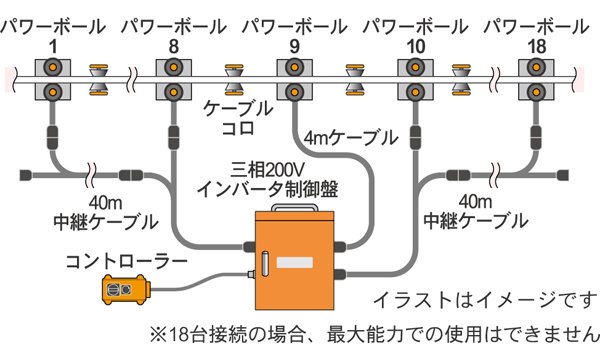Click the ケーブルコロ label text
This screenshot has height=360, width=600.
[238, 118]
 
